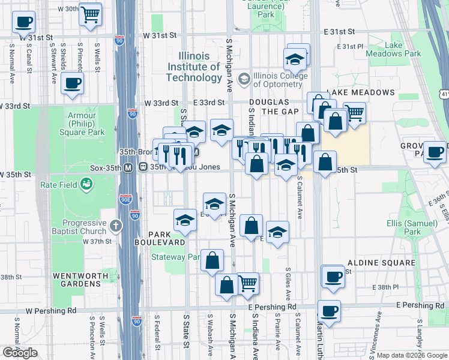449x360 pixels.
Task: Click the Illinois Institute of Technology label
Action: coord(194,67)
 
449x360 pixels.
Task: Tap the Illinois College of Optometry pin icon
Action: coord(244,79)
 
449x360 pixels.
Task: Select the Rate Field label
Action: coord(59,185)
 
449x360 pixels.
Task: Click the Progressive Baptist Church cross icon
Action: coord(116,227)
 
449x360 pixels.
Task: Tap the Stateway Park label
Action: coord(175,257)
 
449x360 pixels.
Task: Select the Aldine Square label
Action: coord(381,263)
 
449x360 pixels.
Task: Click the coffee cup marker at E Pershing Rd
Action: coord(329,311)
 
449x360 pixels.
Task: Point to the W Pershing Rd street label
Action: coord(52,311)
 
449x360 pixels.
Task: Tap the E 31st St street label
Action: coord(339,31)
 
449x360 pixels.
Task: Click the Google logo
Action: coord(20,353)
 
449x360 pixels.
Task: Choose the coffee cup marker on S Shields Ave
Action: coord(71,84)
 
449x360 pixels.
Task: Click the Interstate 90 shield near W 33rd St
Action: coord(133,113)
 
